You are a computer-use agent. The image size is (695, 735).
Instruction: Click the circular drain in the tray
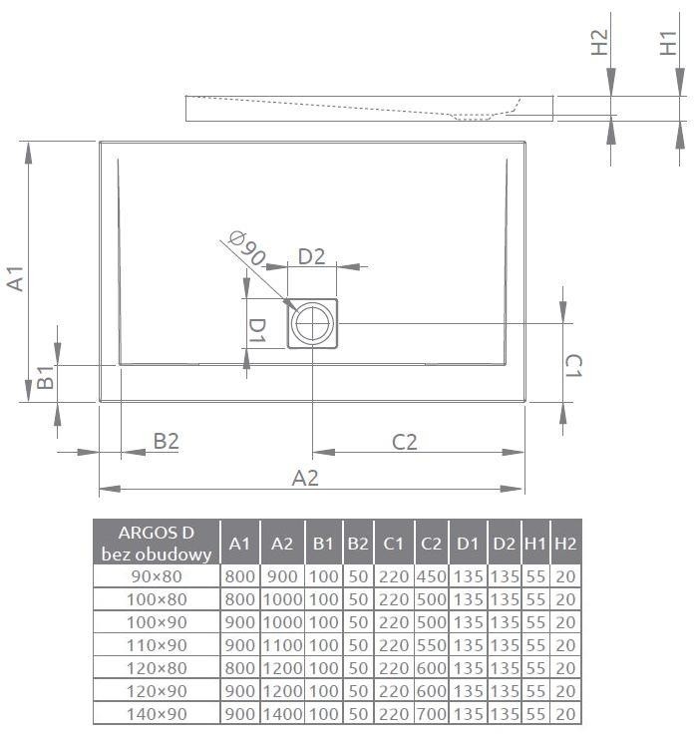pyautogui.click(x=314, y=323)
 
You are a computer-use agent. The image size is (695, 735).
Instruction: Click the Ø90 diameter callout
pyautogui.click(x=245, y=249)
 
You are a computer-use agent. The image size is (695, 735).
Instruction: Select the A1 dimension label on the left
pyautogui.click(x=14, y=278)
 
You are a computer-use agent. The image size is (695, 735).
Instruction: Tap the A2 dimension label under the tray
pyautogui.click(x=305, y=478)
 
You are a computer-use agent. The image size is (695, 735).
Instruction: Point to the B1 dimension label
pyautogui.click(x=45, y=378)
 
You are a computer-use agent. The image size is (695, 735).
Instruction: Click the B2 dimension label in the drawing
pyautogui.click(x=166, y=441)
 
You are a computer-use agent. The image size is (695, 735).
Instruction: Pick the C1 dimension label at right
pyautogui.click(x=572, y=365)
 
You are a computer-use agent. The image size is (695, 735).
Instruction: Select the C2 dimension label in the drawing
pyautogui.click(x=404, y=441)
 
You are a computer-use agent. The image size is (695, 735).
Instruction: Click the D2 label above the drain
pyautogui.click(x=312, y=256)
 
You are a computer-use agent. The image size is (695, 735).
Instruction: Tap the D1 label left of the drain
pyautogui.click(x=256, y=330)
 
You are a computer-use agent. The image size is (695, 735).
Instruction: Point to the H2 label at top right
pyautogui.click(x=599, y=43)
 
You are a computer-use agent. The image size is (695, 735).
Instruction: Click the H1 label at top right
pyautogui.click(x=669, y=43)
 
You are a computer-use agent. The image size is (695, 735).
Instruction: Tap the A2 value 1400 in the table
pyautogui.click(x=282, y=713)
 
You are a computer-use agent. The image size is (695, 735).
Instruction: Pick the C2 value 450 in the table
pyautogui.click(x=431, y=576)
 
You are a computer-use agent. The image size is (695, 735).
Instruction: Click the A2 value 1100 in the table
pyautogui.click(x=282, y=645)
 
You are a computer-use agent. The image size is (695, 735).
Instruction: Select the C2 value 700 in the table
pyautogui.click(x=431, y=713)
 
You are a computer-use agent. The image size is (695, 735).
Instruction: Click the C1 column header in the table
pyautogui.click(x=393, y=543)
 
